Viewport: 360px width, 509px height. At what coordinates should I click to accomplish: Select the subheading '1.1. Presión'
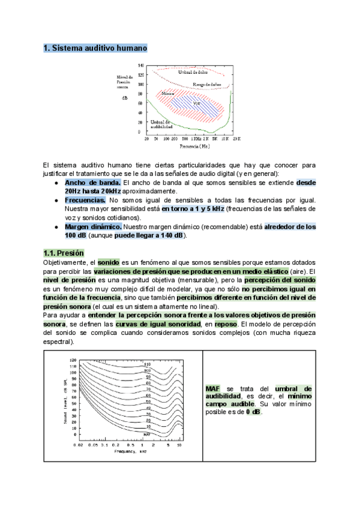click(64, 253)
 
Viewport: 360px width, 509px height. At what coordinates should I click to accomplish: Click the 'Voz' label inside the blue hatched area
click(196, 103)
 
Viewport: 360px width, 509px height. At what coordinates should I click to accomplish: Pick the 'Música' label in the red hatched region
click(168, 94)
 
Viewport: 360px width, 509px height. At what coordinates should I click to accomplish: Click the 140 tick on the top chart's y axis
click(140, 65)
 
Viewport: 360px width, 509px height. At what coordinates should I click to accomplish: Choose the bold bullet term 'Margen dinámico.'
click(93, 226)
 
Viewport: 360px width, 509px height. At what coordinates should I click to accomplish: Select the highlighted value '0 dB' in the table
click(253, 412)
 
